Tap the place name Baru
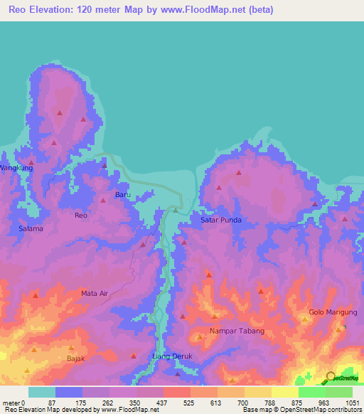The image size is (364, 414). pos(123,194)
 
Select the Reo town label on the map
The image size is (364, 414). pos(81,215)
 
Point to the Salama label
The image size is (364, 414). pos(31,229)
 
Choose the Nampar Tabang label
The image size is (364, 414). pos(237,331)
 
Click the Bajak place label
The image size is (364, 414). pos(76,358)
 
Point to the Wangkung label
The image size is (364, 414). pos(16,168)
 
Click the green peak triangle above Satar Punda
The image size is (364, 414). pos(176,210)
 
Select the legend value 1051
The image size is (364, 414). pos(352,402)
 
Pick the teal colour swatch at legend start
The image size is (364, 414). pos(42,392)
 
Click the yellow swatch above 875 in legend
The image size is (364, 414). pos(285,392)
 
